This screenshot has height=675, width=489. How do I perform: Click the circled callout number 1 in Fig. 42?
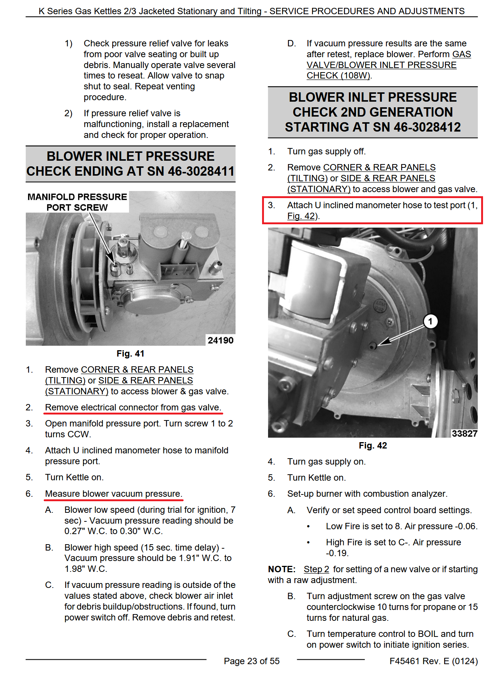click(x=430, y=321)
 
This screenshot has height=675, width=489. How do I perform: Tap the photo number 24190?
click(x=220, y=340)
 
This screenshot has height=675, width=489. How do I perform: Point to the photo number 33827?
click(x=464, y=434)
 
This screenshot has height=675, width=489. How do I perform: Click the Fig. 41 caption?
click(x=130, y=354)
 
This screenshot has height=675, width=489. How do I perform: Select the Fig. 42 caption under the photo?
click(x=372, y=446)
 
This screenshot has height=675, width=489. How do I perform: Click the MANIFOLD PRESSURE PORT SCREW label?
click(x=77, y=202)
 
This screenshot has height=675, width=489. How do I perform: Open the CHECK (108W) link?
click(x=338, y=75)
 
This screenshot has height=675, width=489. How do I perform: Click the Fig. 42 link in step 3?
click(x=301, y=216)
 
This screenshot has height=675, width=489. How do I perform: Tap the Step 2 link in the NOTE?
click(x=316, y=569)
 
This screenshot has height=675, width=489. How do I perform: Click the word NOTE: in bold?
click(x=282, y=569)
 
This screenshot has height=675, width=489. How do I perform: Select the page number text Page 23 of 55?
click(x=252, y=661)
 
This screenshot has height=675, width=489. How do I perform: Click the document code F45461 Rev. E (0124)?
click(x=433, y=661)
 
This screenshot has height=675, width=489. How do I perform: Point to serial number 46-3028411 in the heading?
click(x=201, y=171)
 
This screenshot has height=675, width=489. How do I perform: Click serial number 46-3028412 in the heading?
click(x=427, y=127)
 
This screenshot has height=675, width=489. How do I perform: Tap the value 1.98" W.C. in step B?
click(x=86, y=569)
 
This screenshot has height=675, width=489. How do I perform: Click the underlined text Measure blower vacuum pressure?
click(x=113, y=494)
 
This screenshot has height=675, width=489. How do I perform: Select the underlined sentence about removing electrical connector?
click(x=133, y=407)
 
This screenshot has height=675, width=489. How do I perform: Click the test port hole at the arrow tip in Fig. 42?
click(x=372, y=345)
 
